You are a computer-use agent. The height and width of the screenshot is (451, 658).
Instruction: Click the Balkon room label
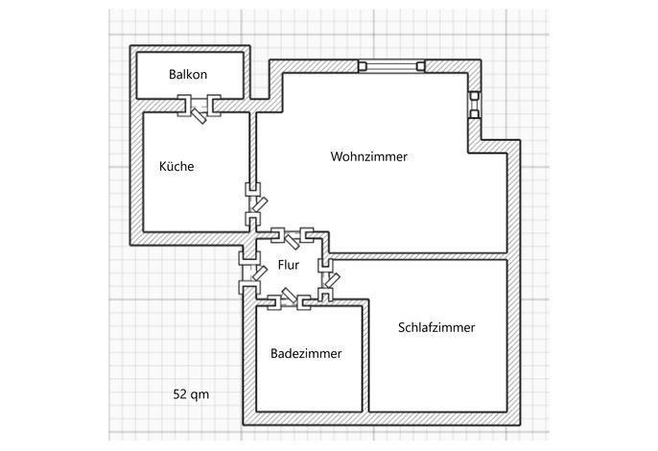tap(188, 74)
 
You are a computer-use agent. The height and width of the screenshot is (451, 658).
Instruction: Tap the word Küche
tap(176, 166)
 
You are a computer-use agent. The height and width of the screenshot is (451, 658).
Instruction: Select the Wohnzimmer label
tap(369, 156)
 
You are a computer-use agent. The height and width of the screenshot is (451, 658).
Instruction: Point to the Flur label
tap(289, 265)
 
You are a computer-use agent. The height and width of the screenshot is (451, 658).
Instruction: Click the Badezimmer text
tap(306, 353)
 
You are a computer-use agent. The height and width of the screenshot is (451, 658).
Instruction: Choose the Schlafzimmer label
tap(436, 327)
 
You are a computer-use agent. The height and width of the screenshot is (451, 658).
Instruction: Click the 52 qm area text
tap(191, 394)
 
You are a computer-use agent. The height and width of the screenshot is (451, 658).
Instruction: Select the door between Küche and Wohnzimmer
tap(254, 204)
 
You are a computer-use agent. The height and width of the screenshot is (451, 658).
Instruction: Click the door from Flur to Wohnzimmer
tap(292, 237)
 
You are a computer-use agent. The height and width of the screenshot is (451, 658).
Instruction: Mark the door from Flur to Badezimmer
tap(289, 300)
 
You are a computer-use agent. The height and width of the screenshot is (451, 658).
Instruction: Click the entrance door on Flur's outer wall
tap(251, 273)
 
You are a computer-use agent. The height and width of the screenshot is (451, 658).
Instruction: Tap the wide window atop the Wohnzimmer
tap(391, 66)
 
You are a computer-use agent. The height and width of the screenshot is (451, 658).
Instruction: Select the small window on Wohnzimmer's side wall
tap(474, 105)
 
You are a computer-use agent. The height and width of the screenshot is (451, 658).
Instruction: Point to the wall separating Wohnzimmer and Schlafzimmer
tap(418, 256)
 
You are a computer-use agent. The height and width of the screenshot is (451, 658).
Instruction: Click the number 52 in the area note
tap(179, 394)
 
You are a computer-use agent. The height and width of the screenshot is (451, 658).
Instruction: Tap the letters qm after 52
tap(200, 395)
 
